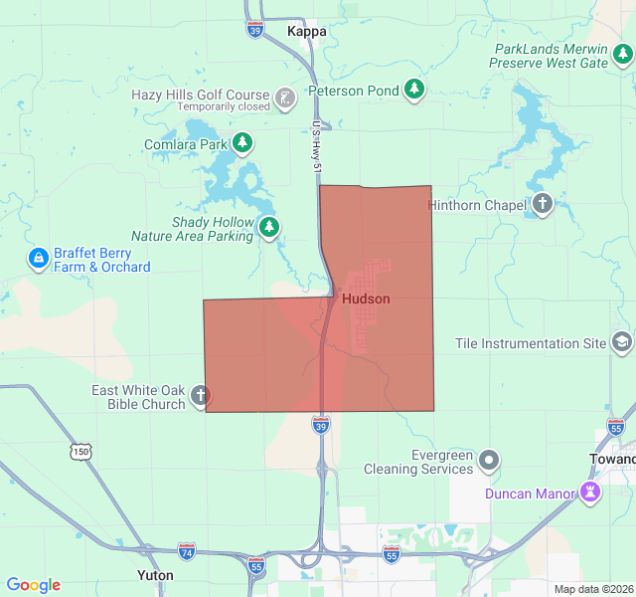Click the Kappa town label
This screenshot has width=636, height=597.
(306, 31)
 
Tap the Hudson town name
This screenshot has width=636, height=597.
(365, 298)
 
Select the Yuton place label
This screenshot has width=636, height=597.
(154, 575)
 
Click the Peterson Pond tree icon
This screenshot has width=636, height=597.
(415, 91)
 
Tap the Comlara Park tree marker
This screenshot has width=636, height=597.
(242, 144)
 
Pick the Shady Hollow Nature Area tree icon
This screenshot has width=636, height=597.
(269, 229)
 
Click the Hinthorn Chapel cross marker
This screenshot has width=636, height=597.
(543, 205)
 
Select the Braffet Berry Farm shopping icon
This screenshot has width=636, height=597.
(39, 259)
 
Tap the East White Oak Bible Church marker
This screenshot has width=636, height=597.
(200, 396)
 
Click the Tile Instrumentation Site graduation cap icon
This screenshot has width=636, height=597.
(622, 343)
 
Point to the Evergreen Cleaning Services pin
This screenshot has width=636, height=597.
(489, 461)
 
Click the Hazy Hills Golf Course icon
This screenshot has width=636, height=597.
(285, 98)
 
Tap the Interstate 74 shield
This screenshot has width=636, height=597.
(187, 550)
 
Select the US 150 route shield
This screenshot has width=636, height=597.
(80, 452)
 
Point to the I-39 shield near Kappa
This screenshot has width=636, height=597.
(256, 30)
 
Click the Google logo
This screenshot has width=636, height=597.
(33, 585)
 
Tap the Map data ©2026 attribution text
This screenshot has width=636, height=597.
(593, 589)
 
